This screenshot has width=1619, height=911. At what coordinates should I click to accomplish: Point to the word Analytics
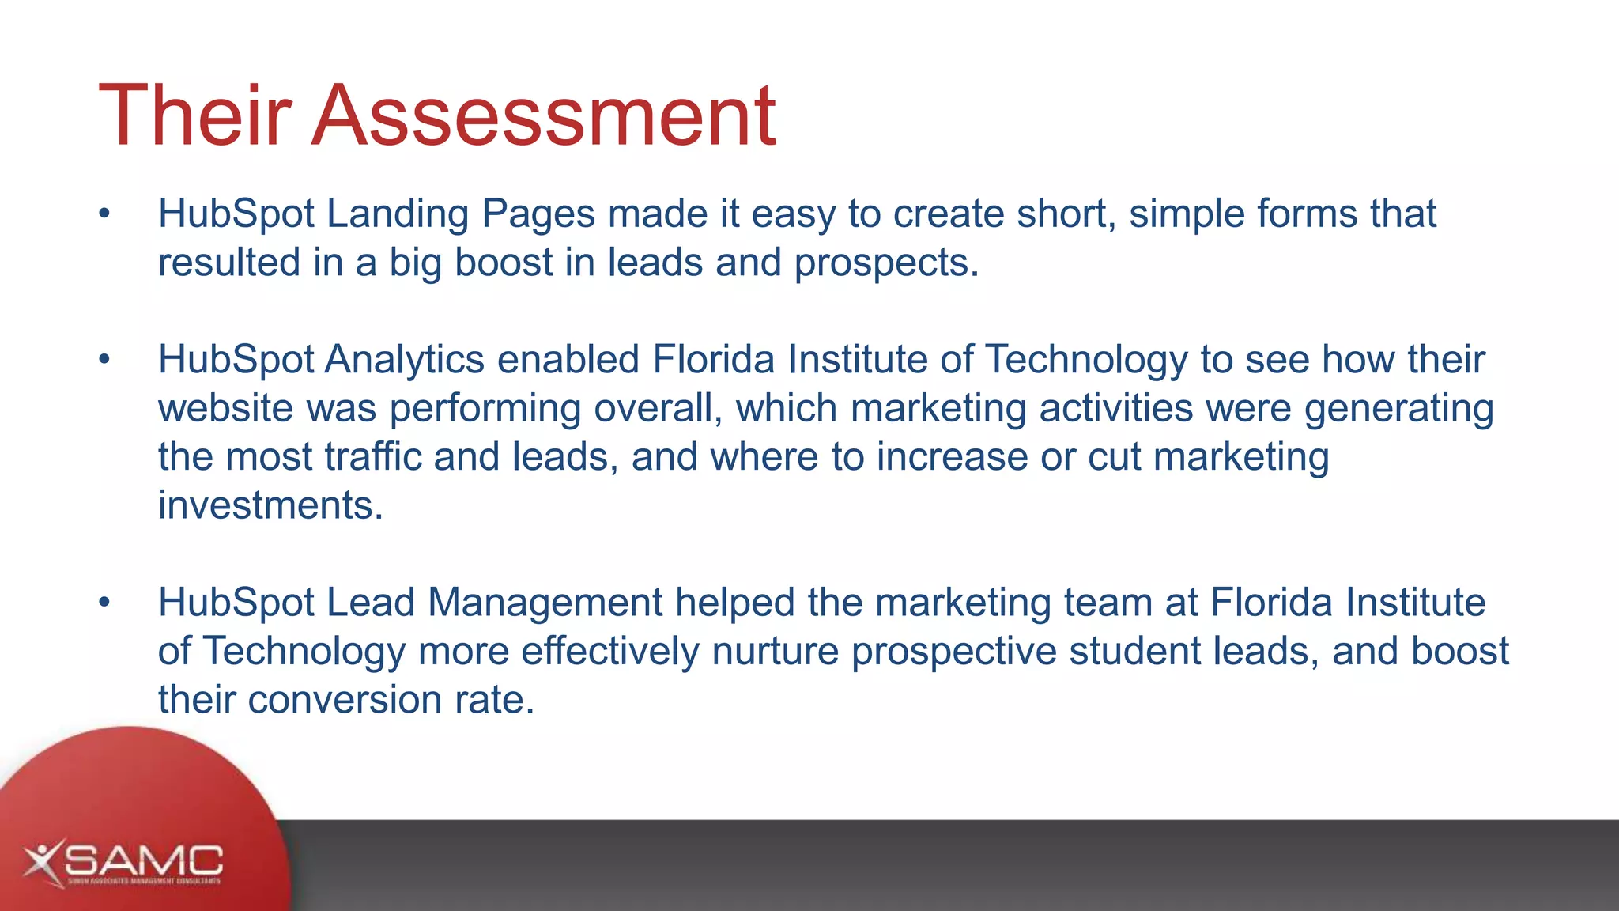pyautogui.click(x=404, y=360)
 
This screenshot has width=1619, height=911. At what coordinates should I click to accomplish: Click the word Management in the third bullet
pyautogui.click(x=545, y=603)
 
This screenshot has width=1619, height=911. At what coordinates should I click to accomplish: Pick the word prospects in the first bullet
pyautogui.click(x=885, y=263)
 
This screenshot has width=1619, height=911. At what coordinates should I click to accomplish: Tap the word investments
pyautogui.click(x=270, y=505)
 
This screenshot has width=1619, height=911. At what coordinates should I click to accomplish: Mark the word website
pyautogui.click(x=226, y=409)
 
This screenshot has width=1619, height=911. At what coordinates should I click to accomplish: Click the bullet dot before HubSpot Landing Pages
pyautogui.click(x=104, y=214)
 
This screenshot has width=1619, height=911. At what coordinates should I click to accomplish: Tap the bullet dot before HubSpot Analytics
pyautogui.click(x=104, y=360)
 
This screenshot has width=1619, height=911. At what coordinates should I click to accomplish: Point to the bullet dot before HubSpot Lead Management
pyautogui.click(x=104, y=603)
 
